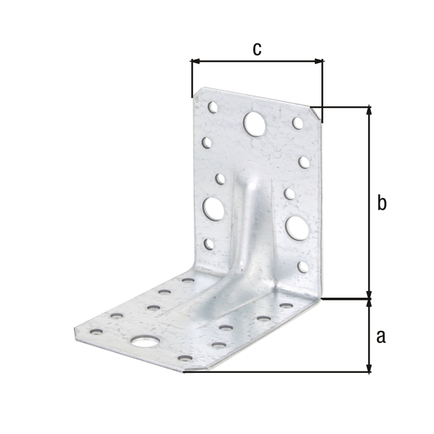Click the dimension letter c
257,49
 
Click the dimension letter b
382,202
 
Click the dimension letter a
381,336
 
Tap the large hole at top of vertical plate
254,124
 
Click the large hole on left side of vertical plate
214,209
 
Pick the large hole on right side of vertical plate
297,228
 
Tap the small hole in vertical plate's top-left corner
212,107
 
